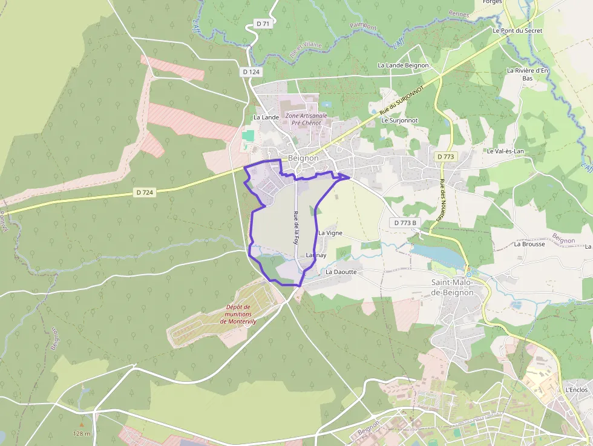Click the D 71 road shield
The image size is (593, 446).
tap(263, 24)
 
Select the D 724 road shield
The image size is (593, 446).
tap(145, 192)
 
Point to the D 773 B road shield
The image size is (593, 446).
tap(405, 223)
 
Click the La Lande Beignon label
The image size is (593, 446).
tap(403, 65)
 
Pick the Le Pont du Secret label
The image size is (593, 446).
tap(517, 30)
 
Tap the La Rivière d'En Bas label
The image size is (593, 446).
tap(528, 74)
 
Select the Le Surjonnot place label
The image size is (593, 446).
tap(399, 120)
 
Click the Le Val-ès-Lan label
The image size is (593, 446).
tap(505, 151)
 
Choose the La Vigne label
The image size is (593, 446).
tap(330, 232)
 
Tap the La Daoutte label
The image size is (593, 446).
tap(341, 272)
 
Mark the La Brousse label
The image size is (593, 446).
tap(529, 244)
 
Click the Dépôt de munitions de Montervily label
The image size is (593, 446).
tap(238, 314)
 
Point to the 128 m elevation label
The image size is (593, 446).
tap(82, 433)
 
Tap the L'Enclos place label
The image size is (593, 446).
tap(576, 390)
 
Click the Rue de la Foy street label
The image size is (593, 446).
tap(296, 226)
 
